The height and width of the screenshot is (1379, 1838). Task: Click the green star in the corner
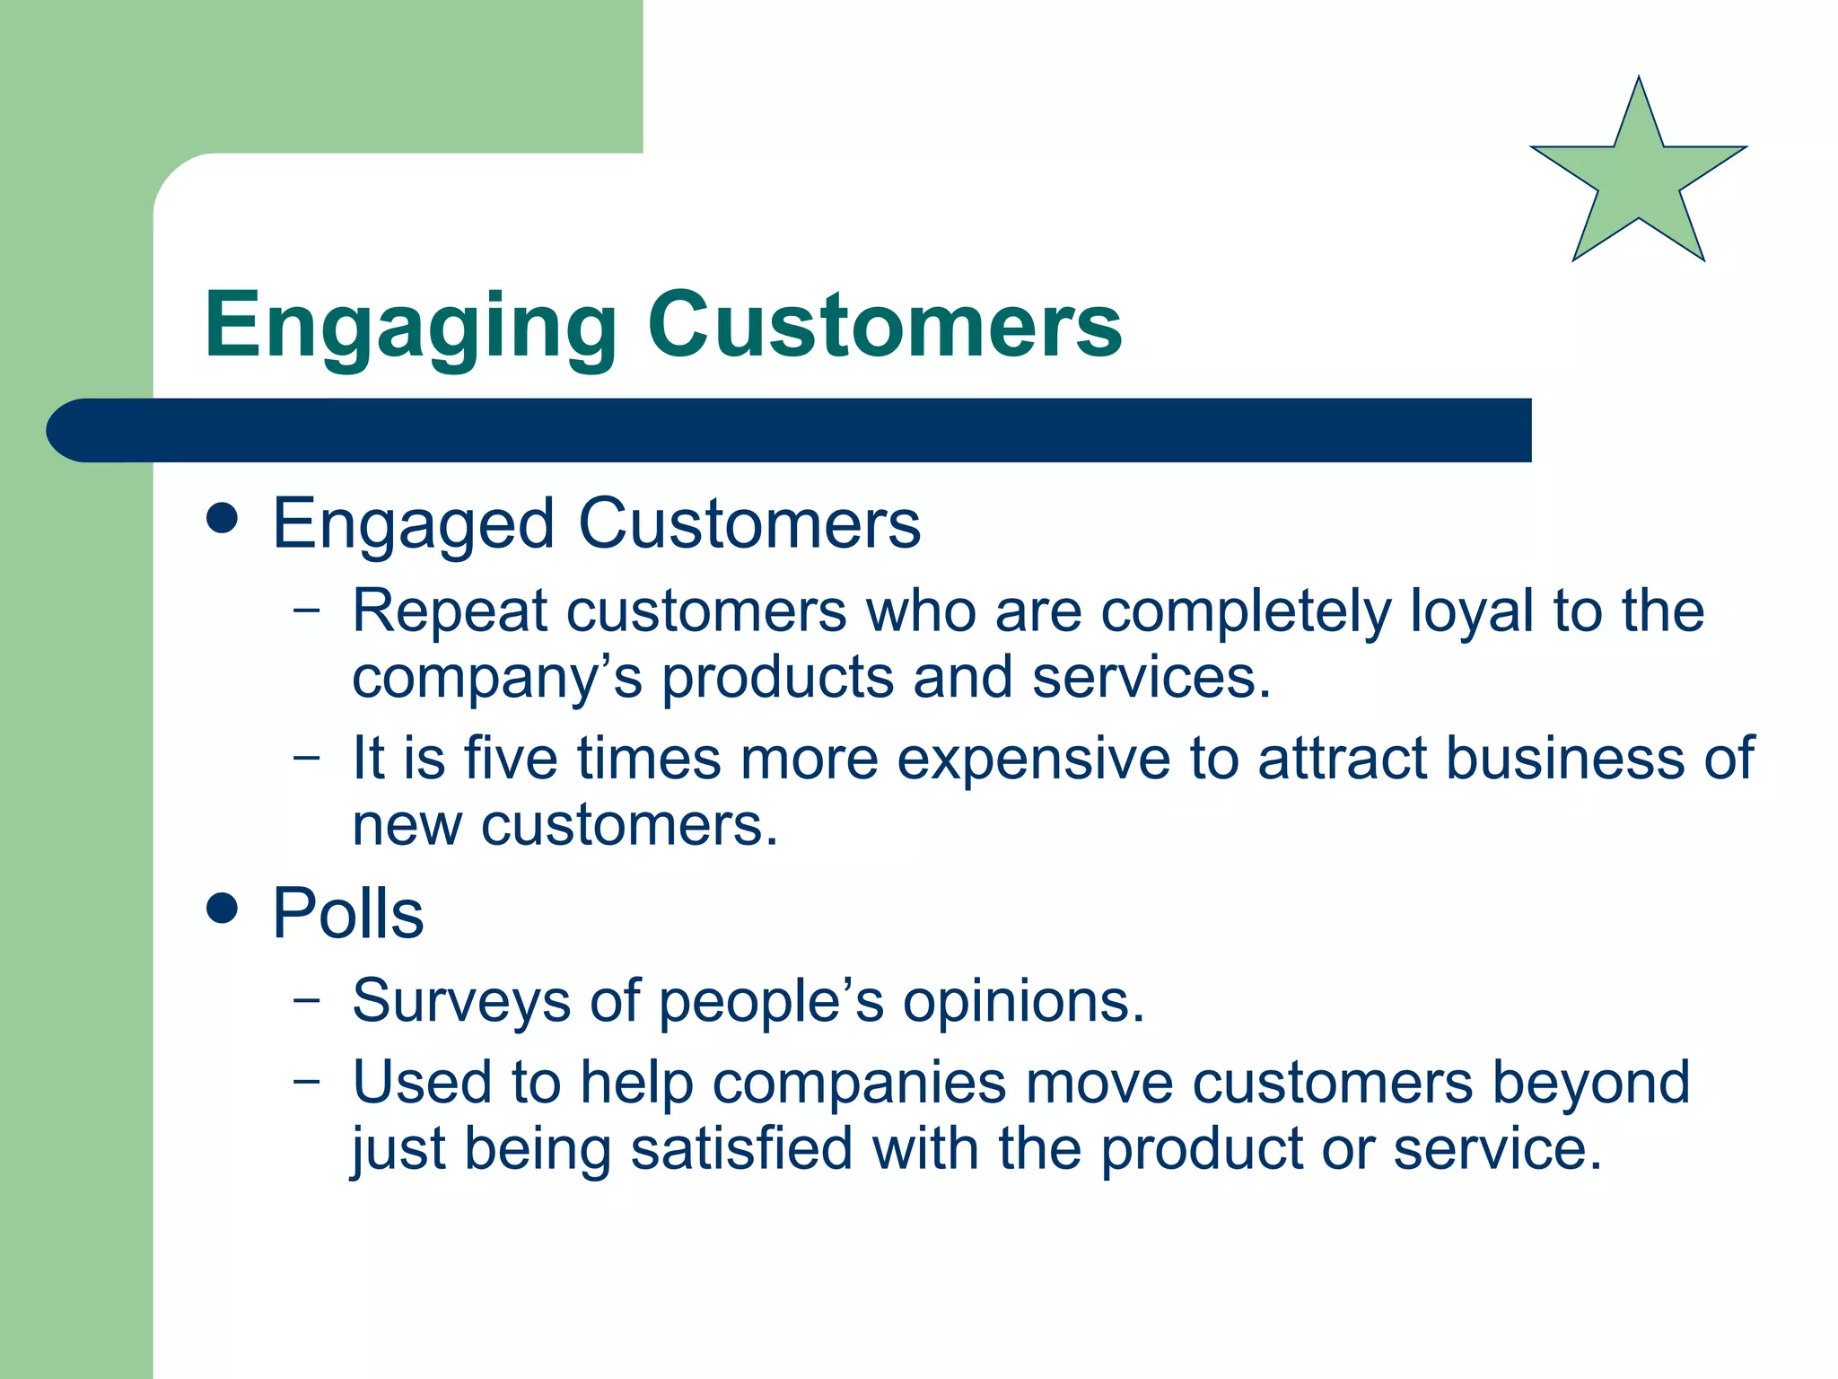click(x=1639, y=180)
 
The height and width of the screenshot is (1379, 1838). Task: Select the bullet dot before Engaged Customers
click(x=222, y=518)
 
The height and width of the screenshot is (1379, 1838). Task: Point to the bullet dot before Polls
click(x=222, y=908)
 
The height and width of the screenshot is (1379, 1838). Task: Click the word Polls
click(x=347, y=914)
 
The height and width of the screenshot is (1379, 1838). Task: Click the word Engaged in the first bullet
click(x=413, y=525)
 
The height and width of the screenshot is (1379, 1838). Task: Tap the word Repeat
click(x=449, y=612)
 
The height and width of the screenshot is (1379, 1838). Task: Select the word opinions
click(x=1023, y=1002)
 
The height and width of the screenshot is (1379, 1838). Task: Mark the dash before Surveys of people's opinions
click(x=307, y=999)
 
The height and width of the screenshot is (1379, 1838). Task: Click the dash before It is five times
click(x=307, y=757)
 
